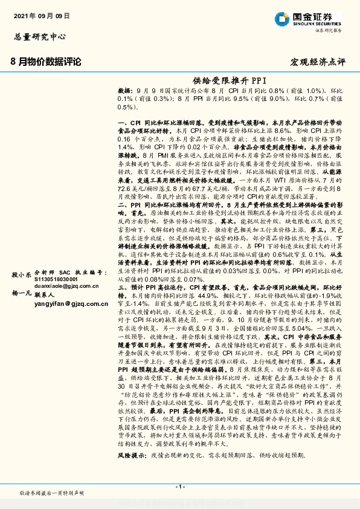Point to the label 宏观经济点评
click(318, 62)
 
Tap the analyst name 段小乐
click(21, 257)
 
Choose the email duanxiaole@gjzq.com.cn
click(62, 269)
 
